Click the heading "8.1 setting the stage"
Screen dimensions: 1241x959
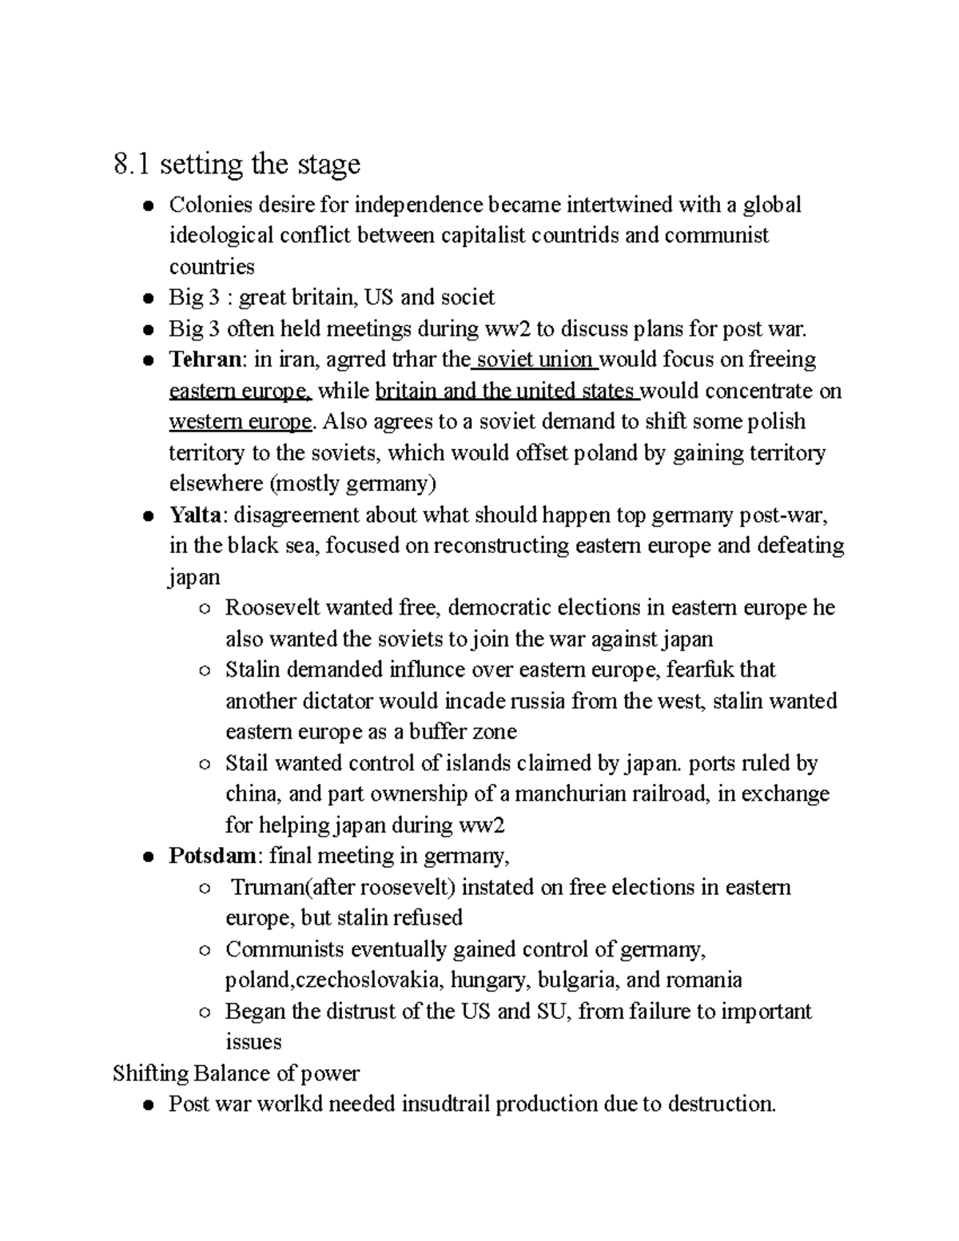[x=237, y=164]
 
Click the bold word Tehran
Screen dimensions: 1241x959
[x=205, y=360]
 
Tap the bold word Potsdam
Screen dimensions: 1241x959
[x=213, y=856]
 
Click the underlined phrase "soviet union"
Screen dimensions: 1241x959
[x=535, y=360]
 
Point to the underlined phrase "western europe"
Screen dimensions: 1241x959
[x=240, y=422]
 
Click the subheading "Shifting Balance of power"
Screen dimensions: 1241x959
[x=237, y=1073]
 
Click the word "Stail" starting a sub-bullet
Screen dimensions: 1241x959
[x=247, y=763]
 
